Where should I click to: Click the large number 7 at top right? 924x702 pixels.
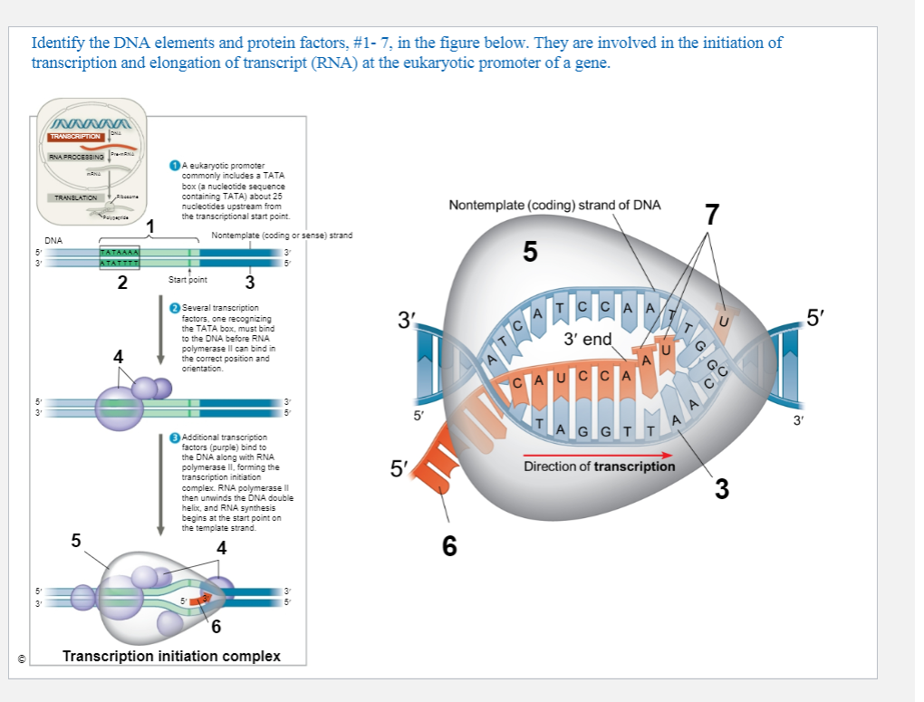712,215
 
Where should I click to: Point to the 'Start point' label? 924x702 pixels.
188,280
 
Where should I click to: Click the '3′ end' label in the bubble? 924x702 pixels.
587,340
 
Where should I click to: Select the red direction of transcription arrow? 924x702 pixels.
599,455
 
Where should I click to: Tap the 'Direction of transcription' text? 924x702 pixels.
599,466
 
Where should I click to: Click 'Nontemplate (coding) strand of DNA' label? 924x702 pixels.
554,205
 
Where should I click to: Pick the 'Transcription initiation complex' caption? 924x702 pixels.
171,656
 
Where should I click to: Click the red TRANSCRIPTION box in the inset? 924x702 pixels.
75,136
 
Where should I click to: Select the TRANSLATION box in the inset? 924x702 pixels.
76,197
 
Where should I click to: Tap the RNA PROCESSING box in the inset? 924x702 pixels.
75,158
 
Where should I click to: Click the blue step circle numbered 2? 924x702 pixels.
175,309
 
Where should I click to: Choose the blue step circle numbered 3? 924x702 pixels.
175,438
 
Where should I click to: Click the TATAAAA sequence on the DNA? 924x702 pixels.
119,251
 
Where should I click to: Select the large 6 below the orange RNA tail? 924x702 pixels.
449,545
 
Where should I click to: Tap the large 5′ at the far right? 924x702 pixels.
816,317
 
